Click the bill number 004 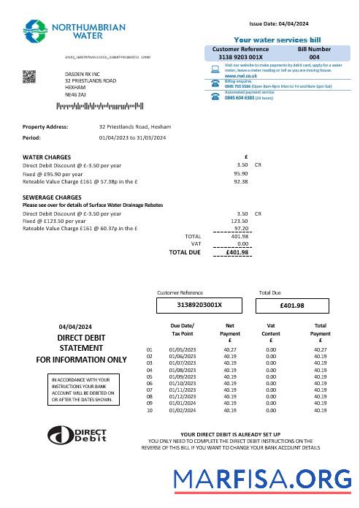314,56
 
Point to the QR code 30,76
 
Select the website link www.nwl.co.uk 240,76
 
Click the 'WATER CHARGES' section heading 47,157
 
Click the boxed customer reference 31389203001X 200,305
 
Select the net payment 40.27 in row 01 229,350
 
